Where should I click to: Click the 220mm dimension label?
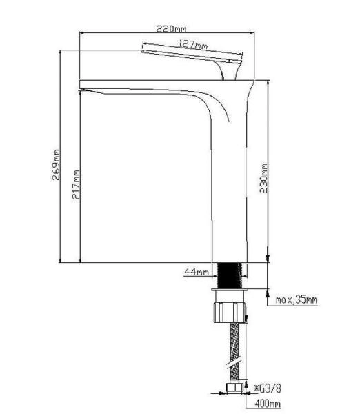tap(172, 28)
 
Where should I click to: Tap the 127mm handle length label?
tap(193, 45)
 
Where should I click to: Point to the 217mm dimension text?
tap(75, 185)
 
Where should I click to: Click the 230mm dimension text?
tap(263, 177)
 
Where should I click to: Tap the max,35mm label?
tap(297, 300)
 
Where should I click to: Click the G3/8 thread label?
tap(267, 388)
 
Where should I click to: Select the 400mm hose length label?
tap(268, 404)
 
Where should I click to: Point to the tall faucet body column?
tap(231, 193)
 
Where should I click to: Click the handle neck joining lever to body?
tap(228, 70)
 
